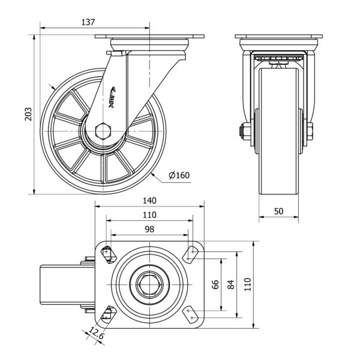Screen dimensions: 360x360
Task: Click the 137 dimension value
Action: pyautogui.click(x=88, y=22)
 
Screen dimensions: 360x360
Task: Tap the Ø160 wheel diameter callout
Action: pyautogui.click(x=179, y=175)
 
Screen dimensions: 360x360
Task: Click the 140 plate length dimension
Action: pyautogui.click(x=150, y=200)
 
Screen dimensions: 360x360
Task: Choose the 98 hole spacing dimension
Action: pyautogui.click(x=150, y=229)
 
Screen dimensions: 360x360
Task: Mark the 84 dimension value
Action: pyautogui.click(x=230, y=284)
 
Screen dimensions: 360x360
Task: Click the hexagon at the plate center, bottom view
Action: pyautogui.click(x=150, y=284)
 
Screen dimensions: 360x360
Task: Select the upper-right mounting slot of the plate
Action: pyautogui.click(x=192, y=254)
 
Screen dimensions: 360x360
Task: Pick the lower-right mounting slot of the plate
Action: pyautogui.click(x=192, y=313)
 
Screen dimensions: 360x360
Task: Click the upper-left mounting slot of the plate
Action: pyautogui.click(x=108, y=254)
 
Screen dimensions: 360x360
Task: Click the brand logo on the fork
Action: pyautogui.click(x=114, y=97)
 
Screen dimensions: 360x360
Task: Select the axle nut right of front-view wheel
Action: pyautogui.click(x=310, y=131)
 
